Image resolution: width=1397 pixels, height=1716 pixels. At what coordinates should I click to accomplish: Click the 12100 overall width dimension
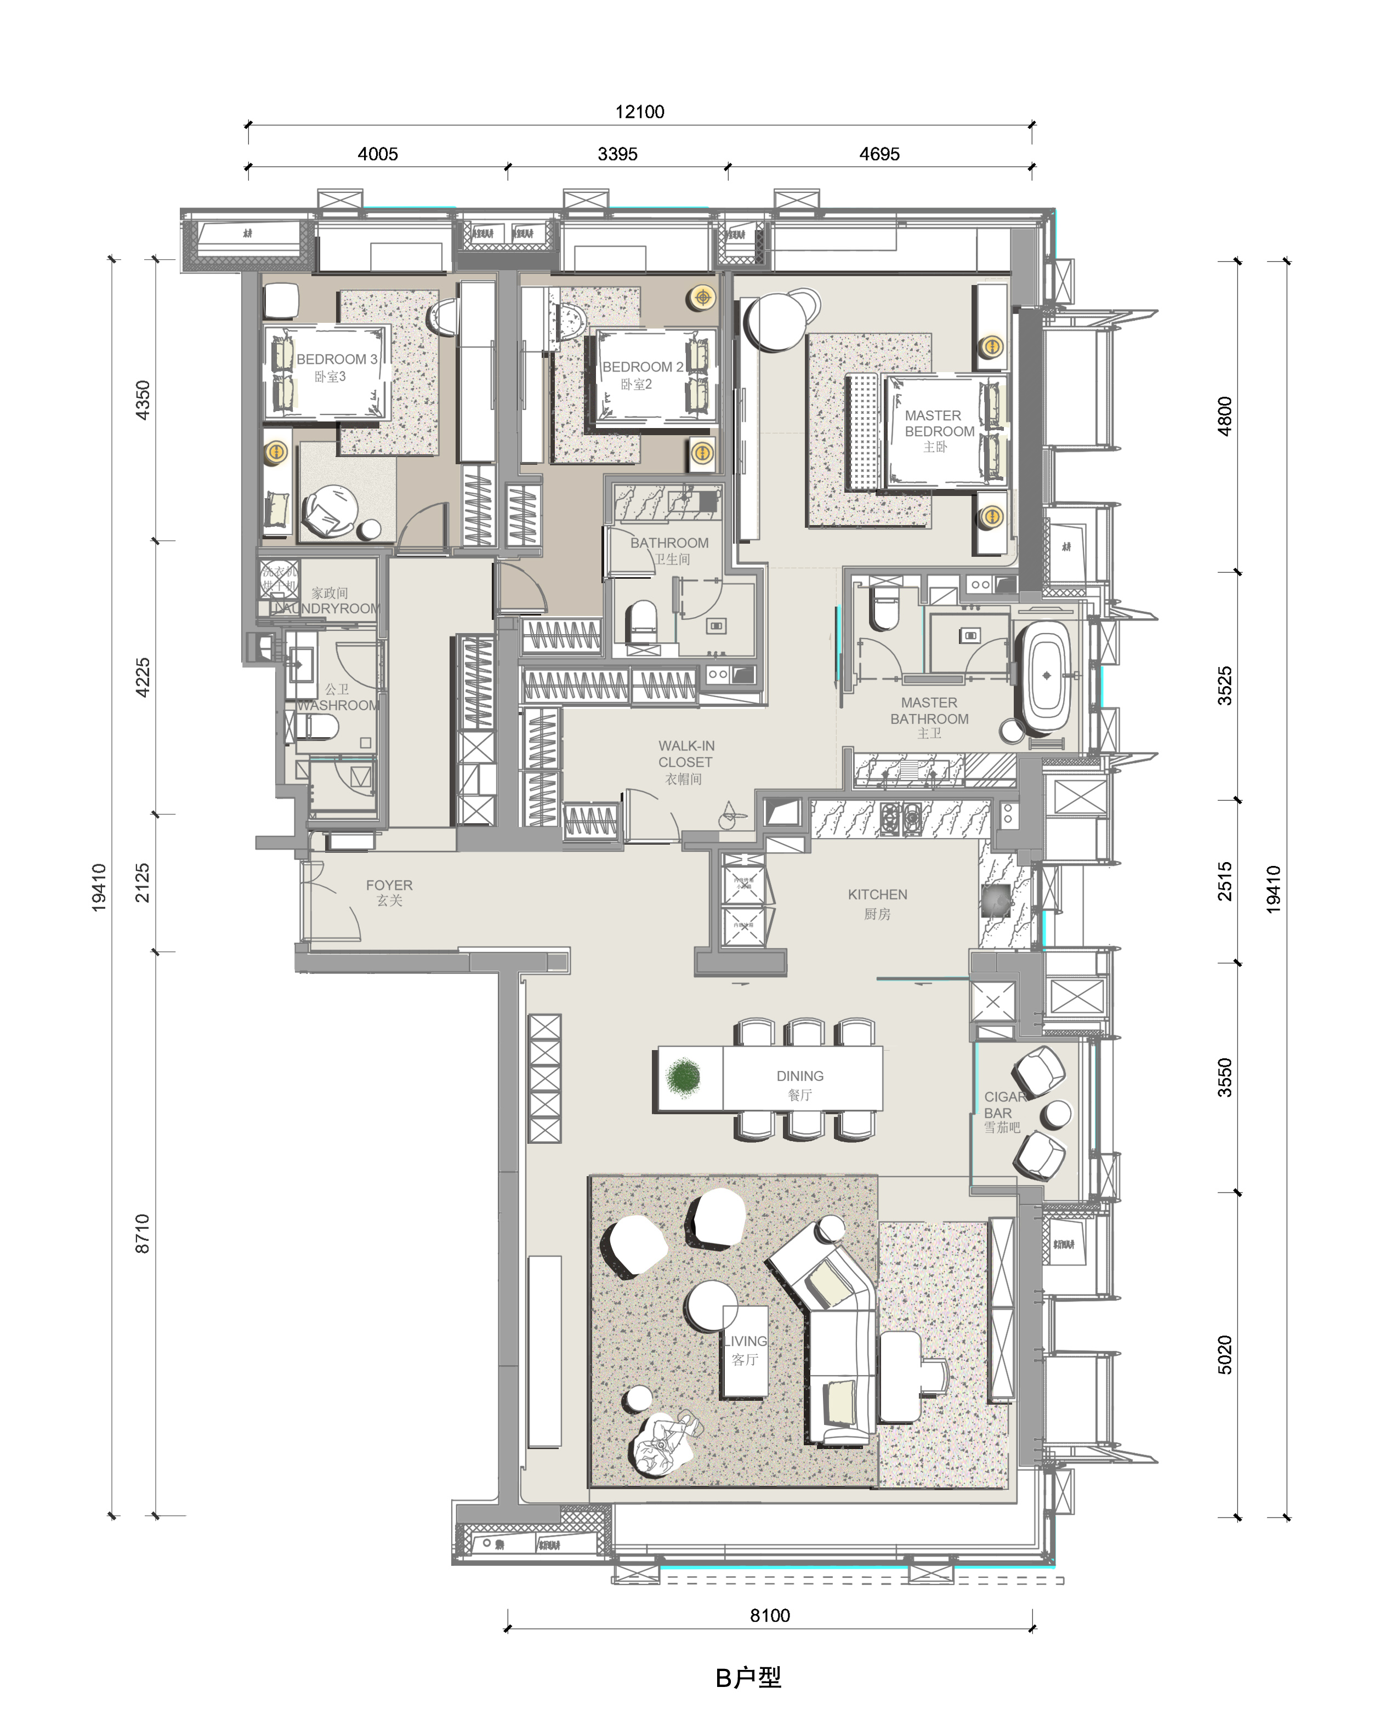click(x=640, y=112)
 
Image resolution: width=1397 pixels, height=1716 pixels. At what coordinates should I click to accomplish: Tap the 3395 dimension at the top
click(x=617, y=153)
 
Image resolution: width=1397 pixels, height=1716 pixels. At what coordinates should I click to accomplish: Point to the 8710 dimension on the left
click(x=143, y=1233)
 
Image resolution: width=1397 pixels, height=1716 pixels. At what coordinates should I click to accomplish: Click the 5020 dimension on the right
click(x=1224, y=1355)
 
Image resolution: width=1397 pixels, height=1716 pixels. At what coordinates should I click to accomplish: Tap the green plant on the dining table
click(x=683, y=1077)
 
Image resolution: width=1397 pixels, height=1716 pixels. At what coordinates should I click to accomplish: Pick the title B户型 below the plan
click(x=748, y=1678)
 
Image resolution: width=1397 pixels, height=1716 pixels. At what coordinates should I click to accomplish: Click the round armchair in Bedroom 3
click(x=330, y=511)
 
